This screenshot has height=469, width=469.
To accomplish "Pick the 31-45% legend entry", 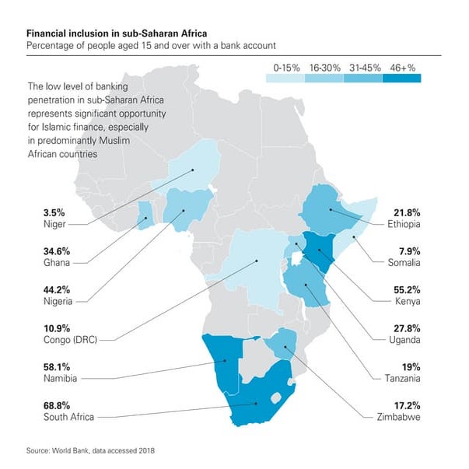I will click(366, 68).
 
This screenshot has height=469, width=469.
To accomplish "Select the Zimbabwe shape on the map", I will click(281, 341).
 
